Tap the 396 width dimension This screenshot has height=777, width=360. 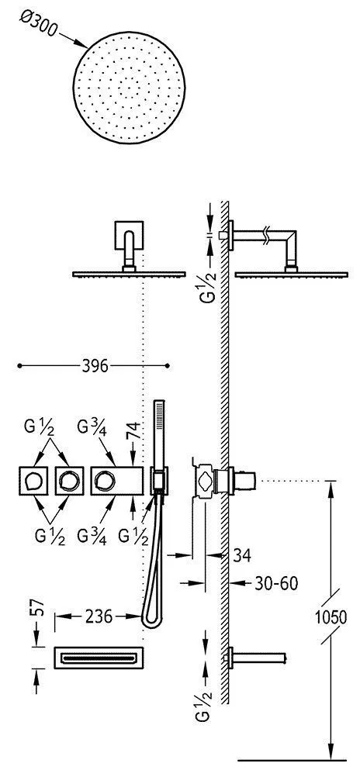pos(95,366)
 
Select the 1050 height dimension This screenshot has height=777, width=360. pos(332,617)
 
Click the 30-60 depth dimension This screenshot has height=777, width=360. pos(276,583)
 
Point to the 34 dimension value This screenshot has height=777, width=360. pos(241,555)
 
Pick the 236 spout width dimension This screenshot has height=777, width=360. pos(99,616)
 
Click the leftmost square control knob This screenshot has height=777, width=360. pos(33,481)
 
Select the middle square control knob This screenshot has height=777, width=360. pos(69,481)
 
